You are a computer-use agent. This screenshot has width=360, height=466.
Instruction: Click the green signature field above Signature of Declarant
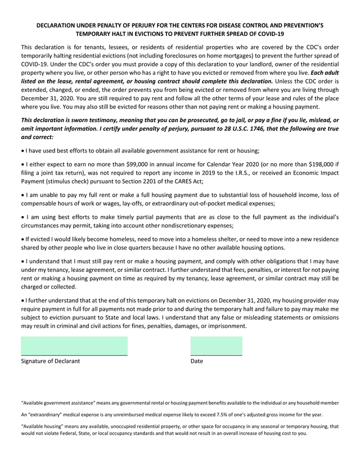tap(74, 346)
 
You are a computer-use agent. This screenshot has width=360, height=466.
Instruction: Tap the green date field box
tap(217, 346)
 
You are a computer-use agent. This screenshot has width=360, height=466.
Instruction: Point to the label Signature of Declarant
tap(50, 361)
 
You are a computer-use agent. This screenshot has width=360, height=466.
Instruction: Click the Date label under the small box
tap(197, 361)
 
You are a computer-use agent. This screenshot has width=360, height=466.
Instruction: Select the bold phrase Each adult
tap(326, 73)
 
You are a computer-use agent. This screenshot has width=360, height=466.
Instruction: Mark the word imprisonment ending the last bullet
tap(225, 326)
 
